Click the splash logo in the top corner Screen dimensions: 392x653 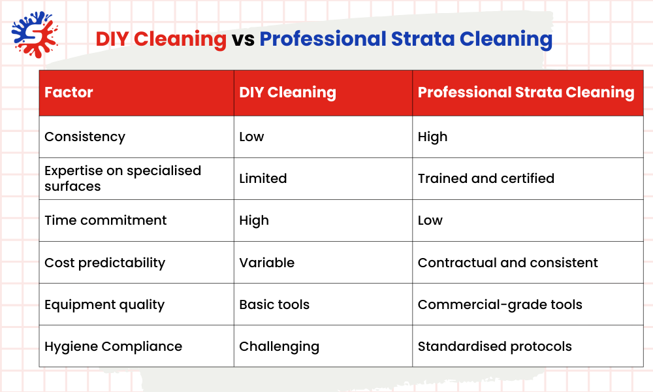32,33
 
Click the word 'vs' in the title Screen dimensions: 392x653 242,39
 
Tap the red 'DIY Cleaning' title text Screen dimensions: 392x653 161,39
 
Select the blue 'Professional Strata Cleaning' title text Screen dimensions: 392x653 406,39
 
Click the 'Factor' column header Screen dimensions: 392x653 69,93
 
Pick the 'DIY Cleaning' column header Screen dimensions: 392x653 287,93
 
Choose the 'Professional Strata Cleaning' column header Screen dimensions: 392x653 526,93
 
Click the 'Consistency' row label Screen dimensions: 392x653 85,137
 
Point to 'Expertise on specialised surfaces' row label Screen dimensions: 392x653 122,178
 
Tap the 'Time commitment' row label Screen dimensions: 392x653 105,221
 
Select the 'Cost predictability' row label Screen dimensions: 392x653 104,263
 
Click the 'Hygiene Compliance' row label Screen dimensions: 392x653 113,346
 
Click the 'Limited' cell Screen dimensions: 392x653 263,178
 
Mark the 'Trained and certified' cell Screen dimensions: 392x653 486,178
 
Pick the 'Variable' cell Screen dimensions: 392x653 266,263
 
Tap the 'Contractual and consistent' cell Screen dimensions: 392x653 507,263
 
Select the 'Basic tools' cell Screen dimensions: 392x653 274,304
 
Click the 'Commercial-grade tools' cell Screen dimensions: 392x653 500,304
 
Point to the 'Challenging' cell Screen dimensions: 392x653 279,346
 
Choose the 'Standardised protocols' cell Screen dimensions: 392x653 494,346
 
